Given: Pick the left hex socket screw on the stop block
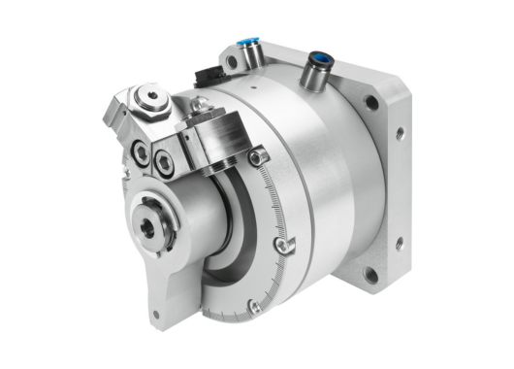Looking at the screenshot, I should (x=142, y=151).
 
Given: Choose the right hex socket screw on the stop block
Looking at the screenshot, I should (x=166, y=162).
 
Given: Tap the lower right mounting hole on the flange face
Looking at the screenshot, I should (x=369, y=275).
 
